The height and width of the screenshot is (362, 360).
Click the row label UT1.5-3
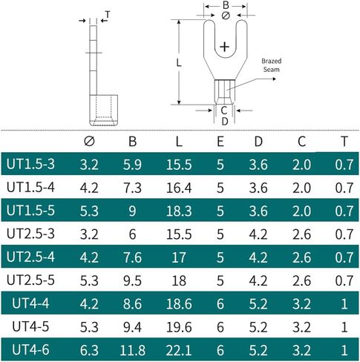(x=30, y=164)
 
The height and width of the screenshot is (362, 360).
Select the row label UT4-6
(x=30, y=350)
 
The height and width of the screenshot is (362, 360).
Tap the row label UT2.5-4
(x=30, y=257)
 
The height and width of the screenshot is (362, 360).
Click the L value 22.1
(x=179, y=350)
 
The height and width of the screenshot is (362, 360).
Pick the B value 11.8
(x=132, y=350)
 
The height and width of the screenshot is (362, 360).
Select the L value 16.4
(x=179, y=188)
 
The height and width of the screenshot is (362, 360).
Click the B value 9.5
(x=132, y=280)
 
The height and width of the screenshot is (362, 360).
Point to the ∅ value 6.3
(x=89, y=350)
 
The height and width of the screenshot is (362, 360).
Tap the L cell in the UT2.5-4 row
(x=179, y=257)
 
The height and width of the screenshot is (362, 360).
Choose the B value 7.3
(x=132, y=188)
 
